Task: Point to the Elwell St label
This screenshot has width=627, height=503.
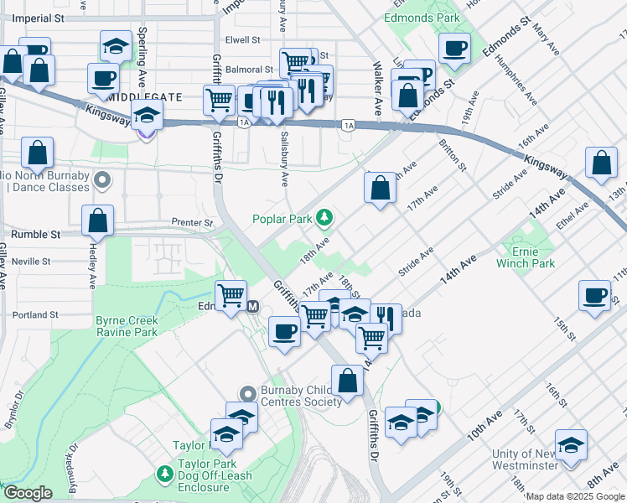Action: (243, 39)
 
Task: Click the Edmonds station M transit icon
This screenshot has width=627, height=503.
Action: (252, 306)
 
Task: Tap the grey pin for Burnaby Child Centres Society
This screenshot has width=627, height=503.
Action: (246, 392)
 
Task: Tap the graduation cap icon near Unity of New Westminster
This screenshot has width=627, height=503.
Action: (571, 445)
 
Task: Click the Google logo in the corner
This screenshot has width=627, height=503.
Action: (28, 494)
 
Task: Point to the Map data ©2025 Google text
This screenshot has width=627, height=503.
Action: (575, 496)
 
